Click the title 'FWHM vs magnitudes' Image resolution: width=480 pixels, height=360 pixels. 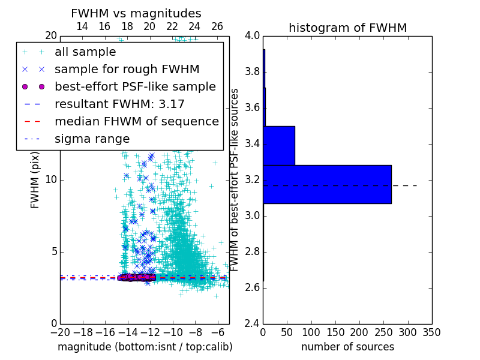[136, 13]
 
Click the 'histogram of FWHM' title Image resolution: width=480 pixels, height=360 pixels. [347, 28]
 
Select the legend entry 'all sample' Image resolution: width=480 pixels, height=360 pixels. [85, 52]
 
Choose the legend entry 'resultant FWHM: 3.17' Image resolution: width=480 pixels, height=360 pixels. [119, 104]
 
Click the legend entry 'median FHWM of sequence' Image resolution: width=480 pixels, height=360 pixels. [136, 121]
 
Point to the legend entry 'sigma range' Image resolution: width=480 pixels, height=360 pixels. [92, 139]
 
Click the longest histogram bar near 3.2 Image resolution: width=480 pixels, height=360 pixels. [327, 184]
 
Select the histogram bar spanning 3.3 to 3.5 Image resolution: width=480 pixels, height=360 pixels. [279, 145]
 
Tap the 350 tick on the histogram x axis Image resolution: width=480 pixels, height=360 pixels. [431, 332]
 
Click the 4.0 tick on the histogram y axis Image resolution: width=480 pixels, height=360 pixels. [252, 35]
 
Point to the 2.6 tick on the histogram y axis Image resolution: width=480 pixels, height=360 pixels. [252, 287]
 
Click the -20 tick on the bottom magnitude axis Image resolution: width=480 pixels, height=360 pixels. [60, 332]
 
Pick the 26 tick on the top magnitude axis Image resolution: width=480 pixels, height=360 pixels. [217, 26]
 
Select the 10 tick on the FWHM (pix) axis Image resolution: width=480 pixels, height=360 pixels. [51, 179]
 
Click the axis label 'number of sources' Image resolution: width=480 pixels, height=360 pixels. [347, 347]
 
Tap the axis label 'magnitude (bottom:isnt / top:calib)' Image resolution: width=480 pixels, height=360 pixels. [145, 347]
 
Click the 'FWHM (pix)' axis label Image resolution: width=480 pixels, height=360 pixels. [35, 179]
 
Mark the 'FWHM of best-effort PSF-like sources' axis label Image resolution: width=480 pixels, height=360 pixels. [235, 179]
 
